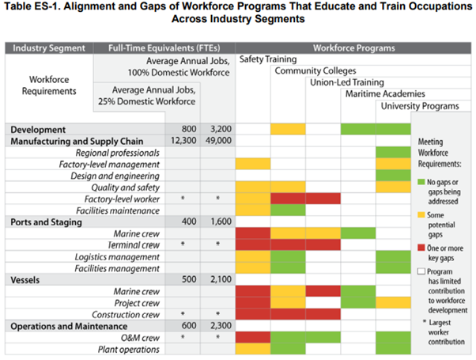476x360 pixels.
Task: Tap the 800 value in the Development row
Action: [x=187, y=129]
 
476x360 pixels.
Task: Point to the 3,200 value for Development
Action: [x=220, y=129]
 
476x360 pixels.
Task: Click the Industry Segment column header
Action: [x=48, y=48]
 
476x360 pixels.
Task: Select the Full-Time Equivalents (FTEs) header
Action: [x=164, y=48]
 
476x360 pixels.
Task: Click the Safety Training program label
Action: [x=267, y=59]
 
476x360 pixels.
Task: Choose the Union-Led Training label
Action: [x=346, y=82]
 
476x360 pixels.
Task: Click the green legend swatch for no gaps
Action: [x=421, y=183]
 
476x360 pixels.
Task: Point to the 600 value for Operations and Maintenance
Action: [x=187, y=326]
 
